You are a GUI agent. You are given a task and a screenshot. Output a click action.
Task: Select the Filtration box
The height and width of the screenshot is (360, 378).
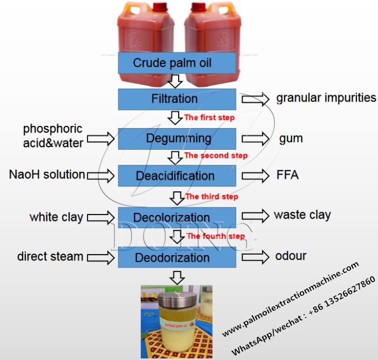coord(177,99)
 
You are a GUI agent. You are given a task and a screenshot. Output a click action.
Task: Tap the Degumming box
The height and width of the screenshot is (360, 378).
coord(177,138)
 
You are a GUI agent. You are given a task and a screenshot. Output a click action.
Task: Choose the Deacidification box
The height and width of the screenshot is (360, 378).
coord(177,176)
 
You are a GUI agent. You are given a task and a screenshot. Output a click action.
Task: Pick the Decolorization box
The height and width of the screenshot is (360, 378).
coord(177,217)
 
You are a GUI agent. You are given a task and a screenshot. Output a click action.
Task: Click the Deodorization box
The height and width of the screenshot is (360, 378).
coord(177,257)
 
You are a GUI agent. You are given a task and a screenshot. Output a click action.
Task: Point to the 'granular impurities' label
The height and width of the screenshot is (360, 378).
coord(326,98)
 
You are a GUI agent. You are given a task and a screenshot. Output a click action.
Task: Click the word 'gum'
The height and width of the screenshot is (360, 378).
coord(291,138)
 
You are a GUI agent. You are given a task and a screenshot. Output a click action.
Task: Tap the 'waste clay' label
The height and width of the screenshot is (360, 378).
coord(302,215)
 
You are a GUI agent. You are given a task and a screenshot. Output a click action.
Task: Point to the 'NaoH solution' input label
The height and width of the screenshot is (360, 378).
coord(46,175)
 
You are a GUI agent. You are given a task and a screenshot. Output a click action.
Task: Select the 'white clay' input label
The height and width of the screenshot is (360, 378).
coord(56,217)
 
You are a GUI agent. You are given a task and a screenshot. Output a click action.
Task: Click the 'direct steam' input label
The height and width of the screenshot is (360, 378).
coord(50,256)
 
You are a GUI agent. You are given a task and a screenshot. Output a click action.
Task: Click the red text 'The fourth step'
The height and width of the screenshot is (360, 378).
coord(215,236)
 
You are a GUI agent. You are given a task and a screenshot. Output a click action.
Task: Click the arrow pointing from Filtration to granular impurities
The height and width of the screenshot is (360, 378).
coord(255,98)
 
